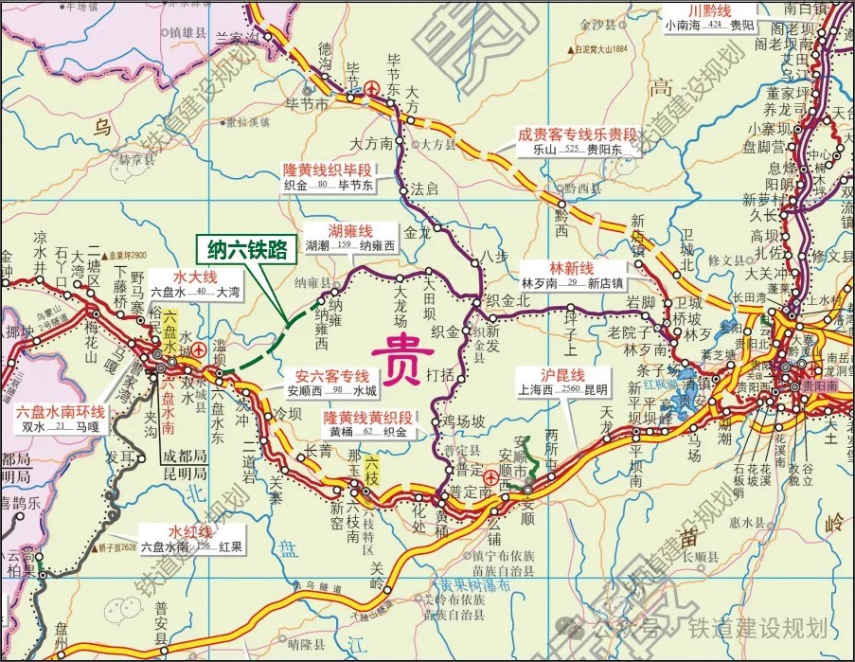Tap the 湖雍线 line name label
click(x=350, y=231)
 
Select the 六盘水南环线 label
click(x=61, y=412)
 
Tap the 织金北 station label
click(x=506, y=299)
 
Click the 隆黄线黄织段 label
click(x=368, y=417)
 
